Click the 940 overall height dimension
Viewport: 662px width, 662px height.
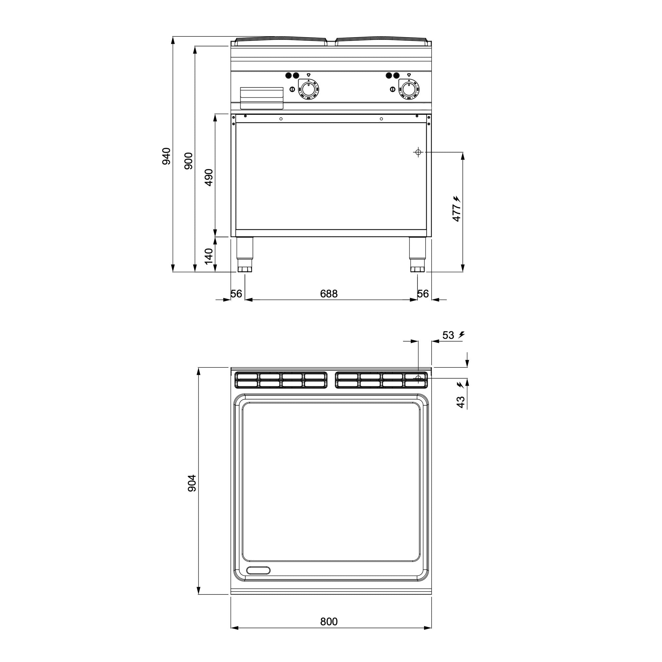pyautogui.click(x=166, y=156)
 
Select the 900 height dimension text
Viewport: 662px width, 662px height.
pyautogui.click(x=188, y=161)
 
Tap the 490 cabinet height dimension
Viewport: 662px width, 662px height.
pyautogui.click(x=209, y=177)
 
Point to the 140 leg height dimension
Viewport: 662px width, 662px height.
pyautogui.click(x=209, y=256)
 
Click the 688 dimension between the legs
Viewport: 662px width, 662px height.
pyautogui.click(x=329, y=294)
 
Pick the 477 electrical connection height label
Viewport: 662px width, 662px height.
pyautogui.click(x=457, y=213)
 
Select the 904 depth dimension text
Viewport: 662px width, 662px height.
pyautogui.click(x=192, y=483)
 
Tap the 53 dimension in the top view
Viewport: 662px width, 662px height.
pyautogui.click(x=448, y=335)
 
